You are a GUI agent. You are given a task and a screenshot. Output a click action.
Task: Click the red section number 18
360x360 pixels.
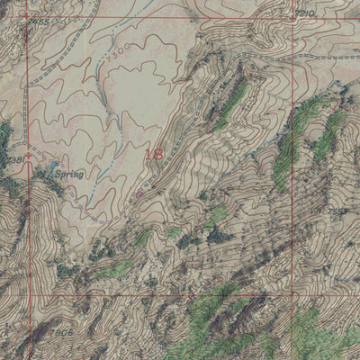pos(154,155)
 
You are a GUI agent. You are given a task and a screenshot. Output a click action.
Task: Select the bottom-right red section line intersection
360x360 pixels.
pos(294,293)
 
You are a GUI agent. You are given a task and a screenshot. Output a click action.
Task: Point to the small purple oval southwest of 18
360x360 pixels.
pos(139,191)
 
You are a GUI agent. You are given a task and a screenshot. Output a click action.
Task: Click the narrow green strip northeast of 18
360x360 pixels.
pos(232,103)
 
